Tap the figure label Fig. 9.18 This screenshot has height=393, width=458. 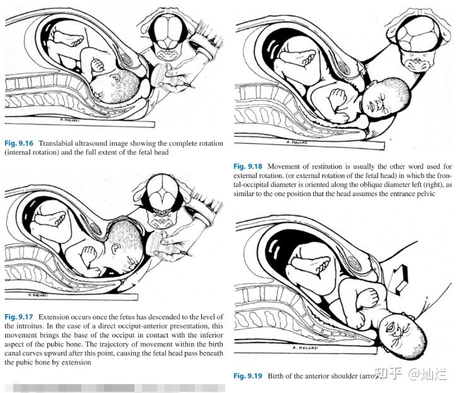(249, 167)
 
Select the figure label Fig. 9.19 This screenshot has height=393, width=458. (249, 376)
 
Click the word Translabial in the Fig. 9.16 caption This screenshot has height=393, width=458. (66, 143)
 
